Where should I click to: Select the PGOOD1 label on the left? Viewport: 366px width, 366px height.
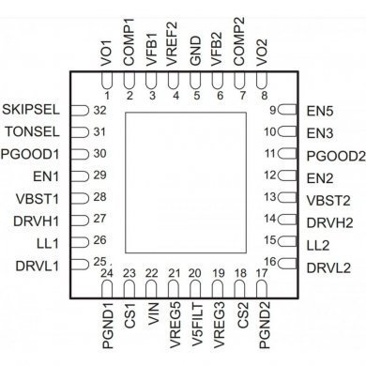pyautogui.click(x=32, y=153)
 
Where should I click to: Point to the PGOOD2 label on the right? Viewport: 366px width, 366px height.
pyautogui.click(x=333, y=154)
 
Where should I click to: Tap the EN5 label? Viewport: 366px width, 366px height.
pyautogui.click(x=319, y=110)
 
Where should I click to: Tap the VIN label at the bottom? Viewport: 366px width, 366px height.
pyautogui.click(x=152, y=311)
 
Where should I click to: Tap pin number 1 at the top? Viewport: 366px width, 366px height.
pyautogui.click(x=106, y=96)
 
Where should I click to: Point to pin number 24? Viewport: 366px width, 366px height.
pyautogui.click(x=107, y=273)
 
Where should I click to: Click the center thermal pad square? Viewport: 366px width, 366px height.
pyautogui.click(x=184, y=184)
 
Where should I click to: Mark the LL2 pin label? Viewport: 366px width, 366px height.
pyautogui.click(x=318, y=243)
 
